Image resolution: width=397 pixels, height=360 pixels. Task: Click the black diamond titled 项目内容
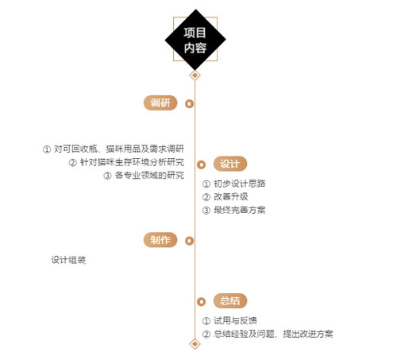point(195,40)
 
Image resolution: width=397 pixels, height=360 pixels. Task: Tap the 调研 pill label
point(160,103)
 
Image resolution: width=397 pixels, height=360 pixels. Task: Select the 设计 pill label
point(230,164)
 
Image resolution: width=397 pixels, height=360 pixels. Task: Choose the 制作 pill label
point(160,240)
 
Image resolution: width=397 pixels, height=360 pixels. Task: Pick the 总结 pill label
point(230,301)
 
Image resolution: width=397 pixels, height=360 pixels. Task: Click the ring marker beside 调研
point(189,103)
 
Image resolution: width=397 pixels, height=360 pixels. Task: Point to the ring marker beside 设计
point(201,165)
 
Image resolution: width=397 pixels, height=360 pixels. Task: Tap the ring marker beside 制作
point(189,241)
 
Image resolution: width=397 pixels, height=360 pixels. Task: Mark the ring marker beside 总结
point(201,302)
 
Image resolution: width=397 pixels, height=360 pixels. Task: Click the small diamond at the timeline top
point(195,75)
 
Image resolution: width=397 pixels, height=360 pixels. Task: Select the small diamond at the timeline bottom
point(195,344)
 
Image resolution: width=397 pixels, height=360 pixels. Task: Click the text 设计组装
point(68,260)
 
